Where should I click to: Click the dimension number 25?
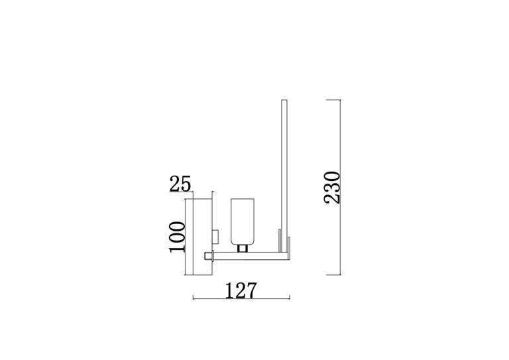[x=180, y=184]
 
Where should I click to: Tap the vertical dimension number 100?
[x=176, y=237]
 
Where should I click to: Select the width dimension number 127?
[x=241, y=291]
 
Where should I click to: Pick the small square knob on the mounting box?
[x=214, y=235]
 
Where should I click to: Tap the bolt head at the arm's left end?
[x=208, y=256]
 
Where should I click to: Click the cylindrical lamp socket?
[x=243, y=220]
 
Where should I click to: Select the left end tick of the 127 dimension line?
[x=193, y=299]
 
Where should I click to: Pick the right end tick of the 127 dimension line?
[x=290, y=299]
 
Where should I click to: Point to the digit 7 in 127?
[x=251, y=291]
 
